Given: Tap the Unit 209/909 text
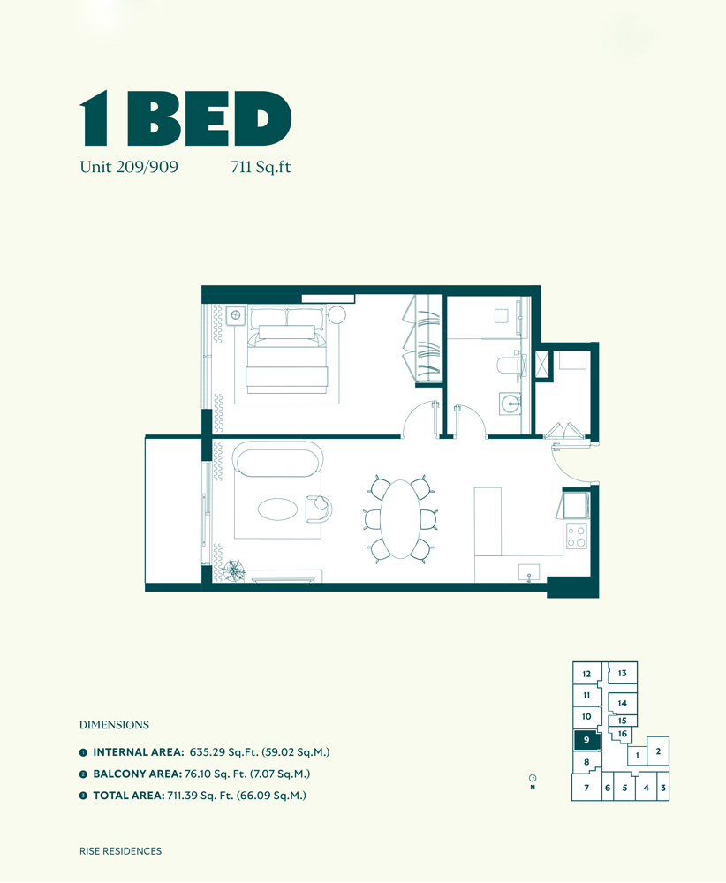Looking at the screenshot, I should click(x=129, y=166).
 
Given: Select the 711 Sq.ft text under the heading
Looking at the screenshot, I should click(x=260, y=166).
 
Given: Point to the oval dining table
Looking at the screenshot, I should click(x=402, y=519).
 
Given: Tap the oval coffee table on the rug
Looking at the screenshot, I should click(x=277, y=509).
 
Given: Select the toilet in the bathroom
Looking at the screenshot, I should click(x=508, y=365).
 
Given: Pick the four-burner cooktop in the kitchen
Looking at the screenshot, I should click(x=576, y=536).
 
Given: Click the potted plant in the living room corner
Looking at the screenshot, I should click(x=234, y=570).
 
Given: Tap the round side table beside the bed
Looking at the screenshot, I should click(x=337, y=314).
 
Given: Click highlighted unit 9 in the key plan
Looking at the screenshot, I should click(x=586, y=740).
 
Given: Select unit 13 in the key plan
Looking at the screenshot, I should click(x=622, y=674).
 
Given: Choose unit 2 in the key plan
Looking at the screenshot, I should click(x=658, y=751).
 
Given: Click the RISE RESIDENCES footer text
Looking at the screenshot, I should click(x=120, y=851).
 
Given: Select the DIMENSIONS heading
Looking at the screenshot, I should click(x=114, y=725).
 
